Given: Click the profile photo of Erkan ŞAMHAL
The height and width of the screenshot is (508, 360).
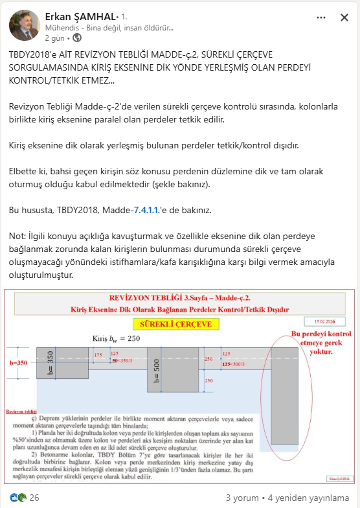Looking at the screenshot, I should [24, 24].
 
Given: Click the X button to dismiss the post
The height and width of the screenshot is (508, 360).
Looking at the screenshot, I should [344, 18].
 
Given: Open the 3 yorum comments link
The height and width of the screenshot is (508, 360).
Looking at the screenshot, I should [242, 498].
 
